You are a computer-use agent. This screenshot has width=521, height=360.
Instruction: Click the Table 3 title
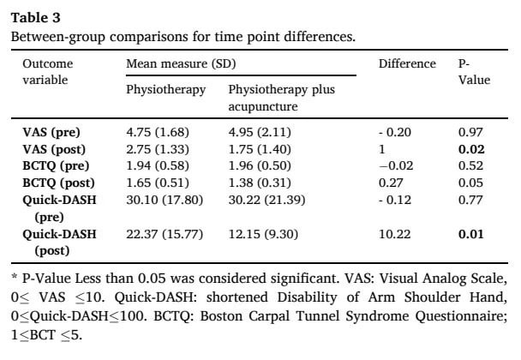click(x=35, y=18)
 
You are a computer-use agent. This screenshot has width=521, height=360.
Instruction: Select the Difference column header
click(x=407, y=63)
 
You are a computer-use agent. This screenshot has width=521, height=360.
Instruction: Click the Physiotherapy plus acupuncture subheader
click(x=281, y=98)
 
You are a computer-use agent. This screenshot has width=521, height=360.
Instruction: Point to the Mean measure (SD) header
click(x=181, y=63)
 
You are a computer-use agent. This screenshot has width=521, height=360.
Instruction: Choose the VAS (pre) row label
click(x=51, y=132)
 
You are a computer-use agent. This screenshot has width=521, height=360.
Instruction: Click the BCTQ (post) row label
click(x=58, y=183)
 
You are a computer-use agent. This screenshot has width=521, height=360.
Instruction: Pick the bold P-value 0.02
click(x=471, y=149)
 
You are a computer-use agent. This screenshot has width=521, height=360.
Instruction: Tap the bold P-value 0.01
click(x=470, y=234)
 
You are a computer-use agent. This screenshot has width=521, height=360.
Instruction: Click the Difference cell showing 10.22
click(x=395, y=234)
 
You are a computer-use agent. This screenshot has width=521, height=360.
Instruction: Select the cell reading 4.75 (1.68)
click(x=158, y=132)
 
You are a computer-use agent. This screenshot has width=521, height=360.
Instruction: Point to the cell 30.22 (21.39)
click(x=266, y=200)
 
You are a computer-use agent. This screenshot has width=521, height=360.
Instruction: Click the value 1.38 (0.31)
click(x=260, y=183)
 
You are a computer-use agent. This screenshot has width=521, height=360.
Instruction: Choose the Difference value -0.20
click(x=395, y=132)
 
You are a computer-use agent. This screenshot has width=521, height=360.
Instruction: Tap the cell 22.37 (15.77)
click(x=165, y=234)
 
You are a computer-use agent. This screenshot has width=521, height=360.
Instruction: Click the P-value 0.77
click(x=470, y=200)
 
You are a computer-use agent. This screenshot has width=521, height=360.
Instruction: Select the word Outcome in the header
click(x=48, y=63)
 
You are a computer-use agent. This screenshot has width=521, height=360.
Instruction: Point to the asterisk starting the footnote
click(x=14, y=277)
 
